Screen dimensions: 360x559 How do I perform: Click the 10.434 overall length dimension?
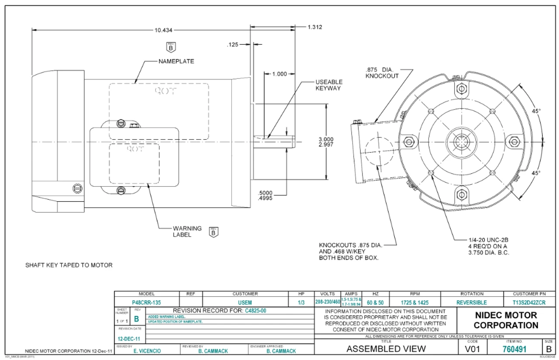(x=163, y=30)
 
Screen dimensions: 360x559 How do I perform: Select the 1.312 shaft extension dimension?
(x=314, y=27)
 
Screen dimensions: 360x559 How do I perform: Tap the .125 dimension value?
(x=233, y=45)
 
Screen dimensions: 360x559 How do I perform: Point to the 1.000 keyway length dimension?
(x=279, y=74)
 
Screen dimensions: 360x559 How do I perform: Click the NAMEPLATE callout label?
(x=176, y=62)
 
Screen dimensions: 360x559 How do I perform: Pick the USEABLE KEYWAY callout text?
(x=329, y=85)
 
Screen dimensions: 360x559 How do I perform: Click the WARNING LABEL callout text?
(x=187, y=231)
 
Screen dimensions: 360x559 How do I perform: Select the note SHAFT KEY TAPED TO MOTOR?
(x=69, y=265)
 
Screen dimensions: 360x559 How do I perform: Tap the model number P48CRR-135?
(x=146, y=302)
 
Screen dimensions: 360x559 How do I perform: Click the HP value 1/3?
(x=301, y=302)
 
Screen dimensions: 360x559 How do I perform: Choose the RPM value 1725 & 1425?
(x=414, y=302)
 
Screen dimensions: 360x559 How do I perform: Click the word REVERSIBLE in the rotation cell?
(x=472, y=302)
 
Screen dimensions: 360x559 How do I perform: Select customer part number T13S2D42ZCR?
(x=529, y=302)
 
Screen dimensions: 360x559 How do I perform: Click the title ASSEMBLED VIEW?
(x=386, y=349)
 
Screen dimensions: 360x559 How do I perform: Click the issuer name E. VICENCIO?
(x=148, y=351)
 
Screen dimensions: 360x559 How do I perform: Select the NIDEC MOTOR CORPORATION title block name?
(x=506, y=320)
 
